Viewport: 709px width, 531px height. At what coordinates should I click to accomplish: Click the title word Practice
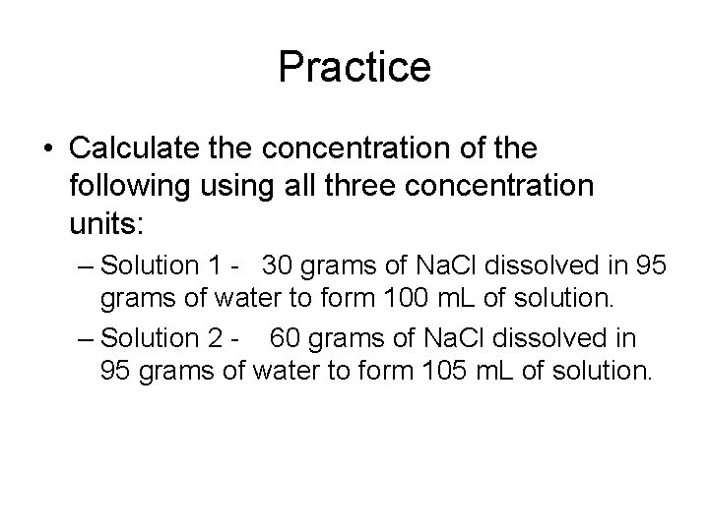354,68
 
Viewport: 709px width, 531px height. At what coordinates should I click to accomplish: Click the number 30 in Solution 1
280,265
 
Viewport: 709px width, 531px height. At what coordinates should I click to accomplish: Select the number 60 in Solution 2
287,338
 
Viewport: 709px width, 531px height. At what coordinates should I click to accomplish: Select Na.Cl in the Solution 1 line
447,265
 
